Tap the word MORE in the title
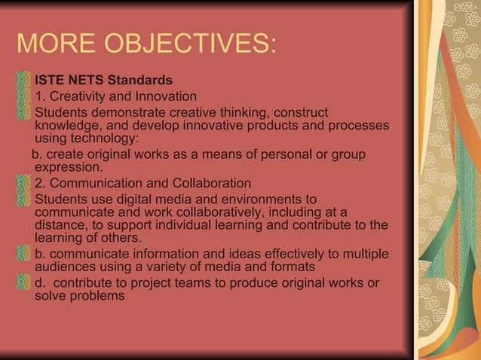[x=56, y=44]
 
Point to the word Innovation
[x=163, y=96]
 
